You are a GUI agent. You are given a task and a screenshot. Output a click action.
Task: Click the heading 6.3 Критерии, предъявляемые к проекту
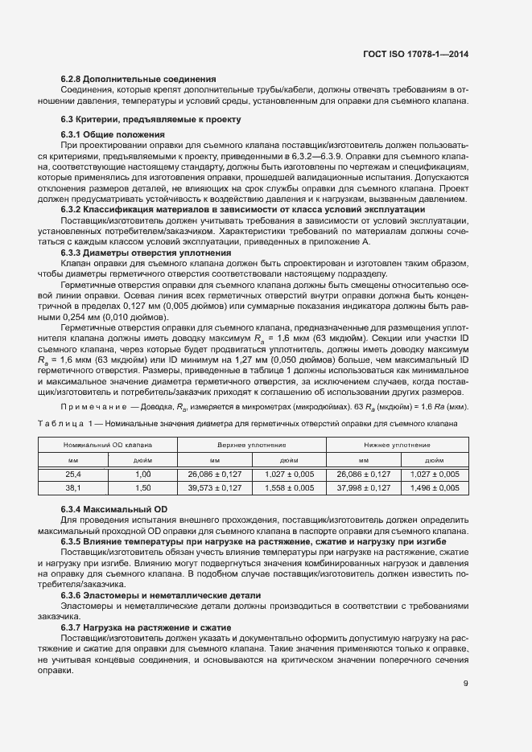[151, 120]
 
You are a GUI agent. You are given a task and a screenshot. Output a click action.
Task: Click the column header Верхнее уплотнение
[251, 444]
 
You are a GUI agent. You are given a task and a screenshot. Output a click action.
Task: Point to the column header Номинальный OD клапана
[103, 444]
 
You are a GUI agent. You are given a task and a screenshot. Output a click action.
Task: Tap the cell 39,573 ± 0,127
[214, 488]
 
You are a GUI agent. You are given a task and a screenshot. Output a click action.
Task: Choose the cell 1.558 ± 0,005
[288, 488]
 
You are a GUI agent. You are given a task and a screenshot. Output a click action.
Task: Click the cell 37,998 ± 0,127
[363, 488]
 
